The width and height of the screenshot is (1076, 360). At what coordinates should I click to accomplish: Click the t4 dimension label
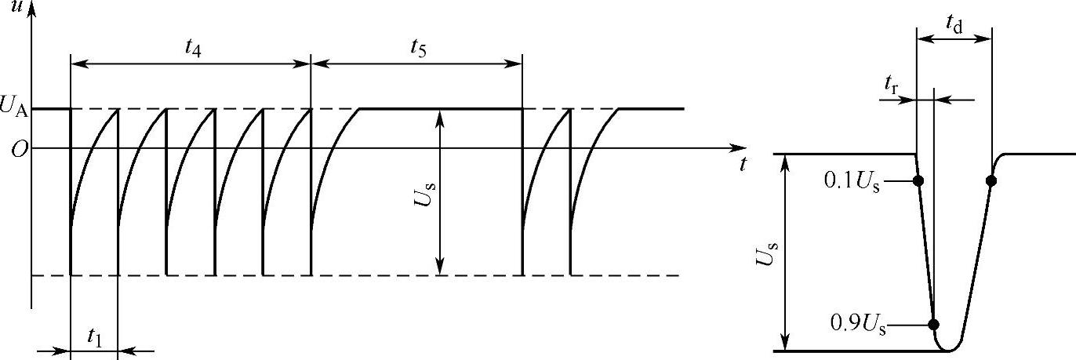(x=191, y=47)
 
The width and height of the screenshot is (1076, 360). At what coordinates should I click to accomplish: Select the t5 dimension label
(x=417, y=47)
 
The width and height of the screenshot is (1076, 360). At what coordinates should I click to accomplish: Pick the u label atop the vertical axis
(x=15, y=7)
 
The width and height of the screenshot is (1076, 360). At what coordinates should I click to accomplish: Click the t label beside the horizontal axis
(x=742, y=165)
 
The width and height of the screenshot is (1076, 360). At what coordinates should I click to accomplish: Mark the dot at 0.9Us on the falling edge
(x=933, y=324)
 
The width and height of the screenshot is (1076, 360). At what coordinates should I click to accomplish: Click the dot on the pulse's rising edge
(x=991, y=180)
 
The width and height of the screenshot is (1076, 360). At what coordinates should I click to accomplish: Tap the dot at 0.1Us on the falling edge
(x=918, y=180)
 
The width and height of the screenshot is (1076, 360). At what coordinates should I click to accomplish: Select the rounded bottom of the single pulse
(x=949, y=349)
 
